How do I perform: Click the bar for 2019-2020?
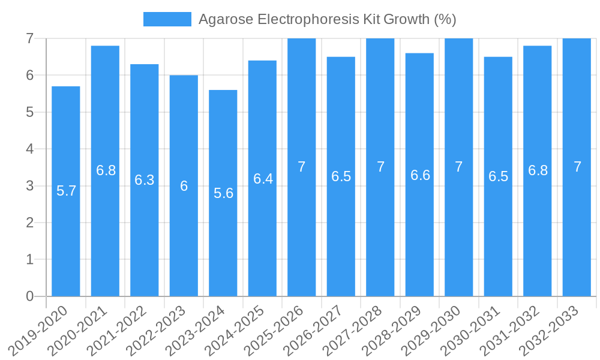pos(66,192)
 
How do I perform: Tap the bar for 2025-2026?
pos(302,167)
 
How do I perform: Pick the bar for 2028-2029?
pos(419,175)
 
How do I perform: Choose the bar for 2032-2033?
pos(577,167)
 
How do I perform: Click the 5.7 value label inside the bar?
pos(66,191)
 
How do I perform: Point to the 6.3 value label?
pos(145,180)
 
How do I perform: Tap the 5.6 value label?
pos(223,193)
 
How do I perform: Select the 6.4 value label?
pos(263,179)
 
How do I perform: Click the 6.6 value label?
pos(420,175)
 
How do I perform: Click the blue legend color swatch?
pos(167,19)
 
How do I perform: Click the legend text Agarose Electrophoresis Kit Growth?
pos(327,19)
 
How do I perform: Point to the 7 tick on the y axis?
pos(29,38)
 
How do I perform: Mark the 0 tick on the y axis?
pos(29,296)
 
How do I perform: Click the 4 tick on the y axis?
pos(29,149)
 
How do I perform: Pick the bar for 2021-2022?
pos(145,180)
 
